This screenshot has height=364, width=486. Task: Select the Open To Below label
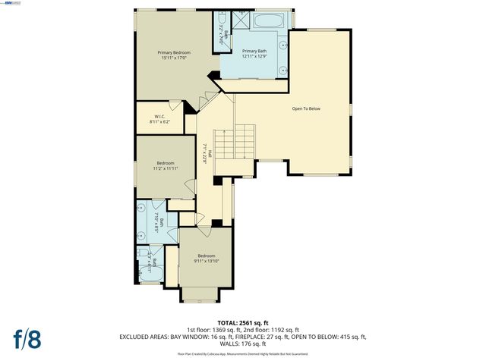click(306, 108)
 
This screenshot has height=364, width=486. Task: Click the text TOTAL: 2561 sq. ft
click(244, 322)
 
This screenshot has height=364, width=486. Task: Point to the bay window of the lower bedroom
click(201, 295)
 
